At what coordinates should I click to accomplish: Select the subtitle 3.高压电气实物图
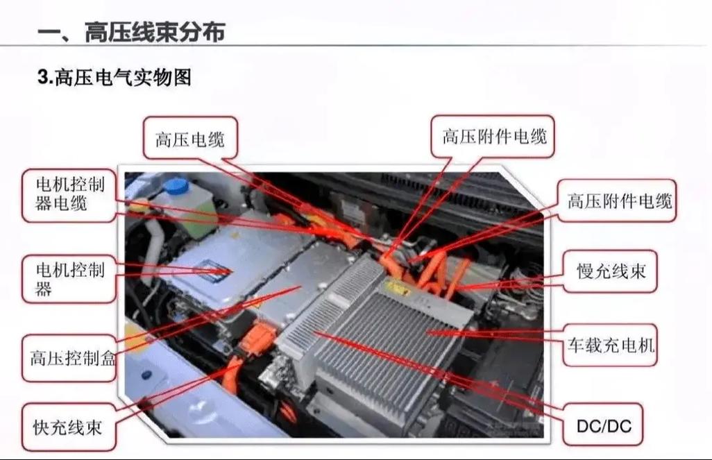pyautogui.click(x=115, y=78)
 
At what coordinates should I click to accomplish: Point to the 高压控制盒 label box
pyautogui.click(x=72, y=359)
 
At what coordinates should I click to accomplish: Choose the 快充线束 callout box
pyautogui.click(x=67, y=426)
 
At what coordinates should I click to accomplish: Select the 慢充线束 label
pyautogui.click(x=611, y=271)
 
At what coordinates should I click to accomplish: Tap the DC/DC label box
pyautogui.click(x=604, y=425)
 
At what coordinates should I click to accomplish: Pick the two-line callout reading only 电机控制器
pyautogui.click(x=69, y=279)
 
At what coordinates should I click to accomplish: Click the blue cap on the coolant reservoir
pyautogui.click(x=176, y=186)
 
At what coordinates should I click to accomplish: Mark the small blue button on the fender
pyautogui.click(x=146, y=375)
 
